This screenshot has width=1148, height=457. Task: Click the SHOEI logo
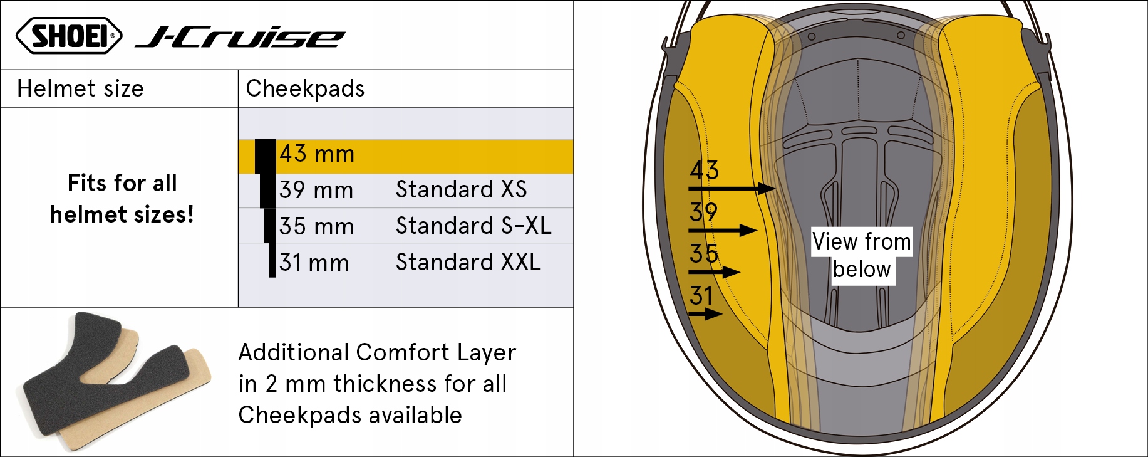click(69, 35)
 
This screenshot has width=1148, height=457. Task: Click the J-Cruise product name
click(240, 38)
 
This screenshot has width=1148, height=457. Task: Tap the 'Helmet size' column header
click(80, 88)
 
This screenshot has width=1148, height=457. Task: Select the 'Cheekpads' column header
click(305, 88)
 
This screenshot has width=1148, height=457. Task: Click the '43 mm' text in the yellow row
click(317, 154)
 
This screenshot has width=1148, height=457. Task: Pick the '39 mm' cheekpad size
click(316, 190)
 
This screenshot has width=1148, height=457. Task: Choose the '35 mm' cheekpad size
click(316, 226)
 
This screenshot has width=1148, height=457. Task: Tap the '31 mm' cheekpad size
click(314, 263)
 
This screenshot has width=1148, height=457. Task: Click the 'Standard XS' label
click(461, 189)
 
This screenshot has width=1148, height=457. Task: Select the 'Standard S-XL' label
click(473, 226)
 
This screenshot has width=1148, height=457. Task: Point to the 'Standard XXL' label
click(468, 262)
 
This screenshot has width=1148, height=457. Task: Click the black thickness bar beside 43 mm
click(266, 156)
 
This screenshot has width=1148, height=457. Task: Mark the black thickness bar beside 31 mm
click(272, 260)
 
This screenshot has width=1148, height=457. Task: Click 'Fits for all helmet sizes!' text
click(122, 199)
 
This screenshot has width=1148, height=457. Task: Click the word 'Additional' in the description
click(293, 352)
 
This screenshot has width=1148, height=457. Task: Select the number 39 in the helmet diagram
click(703, 213)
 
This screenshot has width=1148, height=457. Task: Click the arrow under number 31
click(705, 313)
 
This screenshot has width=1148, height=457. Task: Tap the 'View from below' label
click(861, 255)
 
